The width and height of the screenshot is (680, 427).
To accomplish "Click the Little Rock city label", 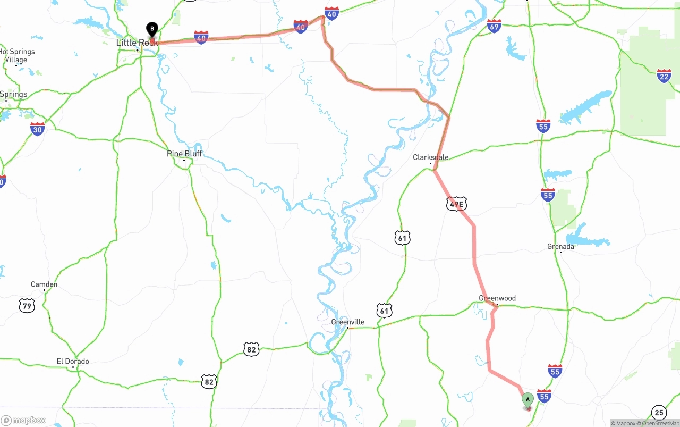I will point(137,43).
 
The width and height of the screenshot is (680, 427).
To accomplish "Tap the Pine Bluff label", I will point(184,154).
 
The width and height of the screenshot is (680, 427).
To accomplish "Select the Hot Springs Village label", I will point(17,56).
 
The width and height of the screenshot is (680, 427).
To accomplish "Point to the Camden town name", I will point(44,284).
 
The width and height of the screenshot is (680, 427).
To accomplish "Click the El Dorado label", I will point(73,362).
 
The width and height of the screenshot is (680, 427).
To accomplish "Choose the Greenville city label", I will point(347,322).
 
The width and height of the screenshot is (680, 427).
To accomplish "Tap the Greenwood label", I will point(497,298).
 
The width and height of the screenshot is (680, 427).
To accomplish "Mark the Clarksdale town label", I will point(431,157).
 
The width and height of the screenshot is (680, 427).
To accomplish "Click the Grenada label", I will point(560,247).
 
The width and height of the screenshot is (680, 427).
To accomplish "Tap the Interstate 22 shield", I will point(664,76).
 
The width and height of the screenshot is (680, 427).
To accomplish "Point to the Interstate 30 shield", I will point(37,129).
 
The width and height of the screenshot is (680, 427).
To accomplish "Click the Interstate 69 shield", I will point(494,26).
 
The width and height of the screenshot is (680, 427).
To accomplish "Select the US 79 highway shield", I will point(27,305).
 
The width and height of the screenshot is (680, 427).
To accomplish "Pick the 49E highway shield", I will point(456,204).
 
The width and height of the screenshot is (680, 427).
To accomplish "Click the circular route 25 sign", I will point(659,412).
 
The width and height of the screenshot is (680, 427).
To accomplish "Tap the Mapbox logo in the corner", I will point(23,421).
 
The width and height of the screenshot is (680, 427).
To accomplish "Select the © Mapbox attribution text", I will point(623,423).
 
